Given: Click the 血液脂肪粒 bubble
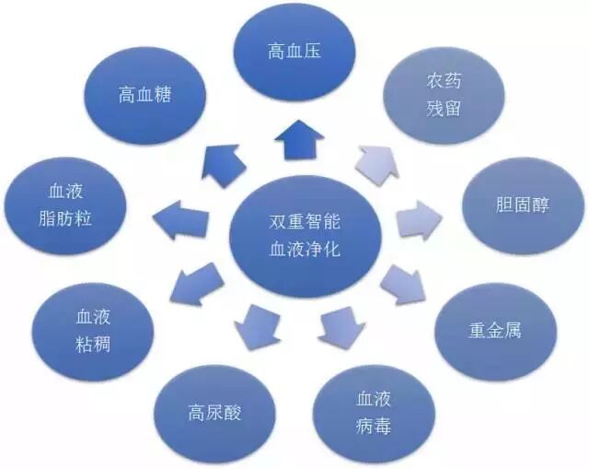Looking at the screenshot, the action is tap(68, 208).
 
